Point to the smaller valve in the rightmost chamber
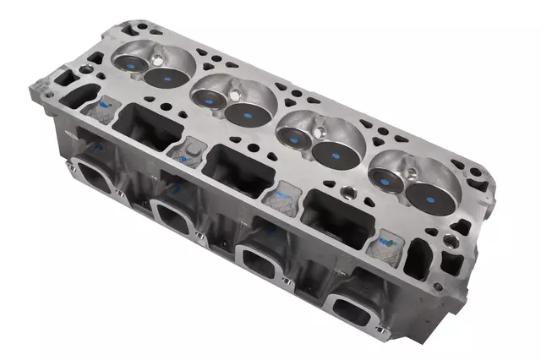point(390,179)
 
